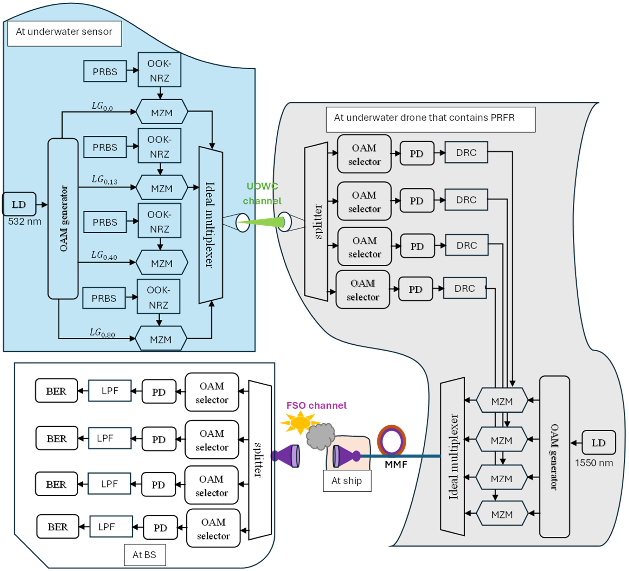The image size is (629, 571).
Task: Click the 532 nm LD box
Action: (19, 204)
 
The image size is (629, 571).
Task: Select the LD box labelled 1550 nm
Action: (598, 442)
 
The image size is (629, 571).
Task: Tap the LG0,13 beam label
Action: (104, 180)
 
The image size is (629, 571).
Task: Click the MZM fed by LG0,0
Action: (162, 112)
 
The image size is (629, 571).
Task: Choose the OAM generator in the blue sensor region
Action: (63, 218)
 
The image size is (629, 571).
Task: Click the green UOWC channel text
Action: (262, 193)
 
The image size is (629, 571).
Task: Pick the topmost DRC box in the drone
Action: (466, 152)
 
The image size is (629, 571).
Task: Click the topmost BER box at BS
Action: (56, 391)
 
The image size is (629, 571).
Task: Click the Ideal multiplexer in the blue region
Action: (211, 224)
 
